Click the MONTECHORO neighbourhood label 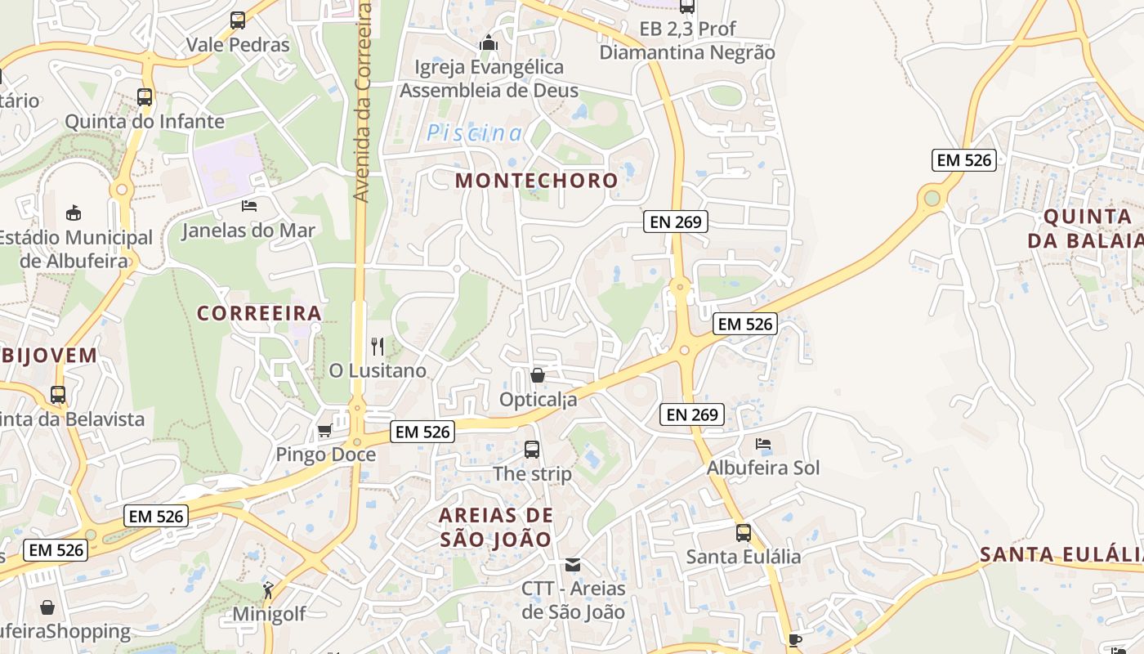point(536,181)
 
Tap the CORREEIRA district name point(260,313)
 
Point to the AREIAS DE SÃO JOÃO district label point(496,527)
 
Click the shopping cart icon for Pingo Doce point(324,430)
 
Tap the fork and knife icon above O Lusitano point(377,346)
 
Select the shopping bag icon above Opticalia point(538,375)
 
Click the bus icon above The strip point(532,449)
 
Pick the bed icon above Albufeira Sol point(763,444)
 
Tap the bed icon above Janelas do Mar point(249,205)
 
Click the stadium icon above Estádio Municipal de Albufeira point(74,213)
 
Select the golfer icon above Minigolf point(268,589)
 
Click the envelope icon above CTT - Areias point(573,564)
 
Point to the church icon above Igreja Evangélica point(489,43)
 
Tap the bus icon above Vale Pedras point(238,20)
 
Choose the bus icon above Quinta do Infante point(145,96)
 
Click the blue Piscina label point(474,132)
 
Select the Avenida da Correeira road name point(363,102)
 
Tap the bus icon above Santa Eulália point(744,533)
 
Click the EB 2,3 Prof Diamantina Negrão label point(687,41)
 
